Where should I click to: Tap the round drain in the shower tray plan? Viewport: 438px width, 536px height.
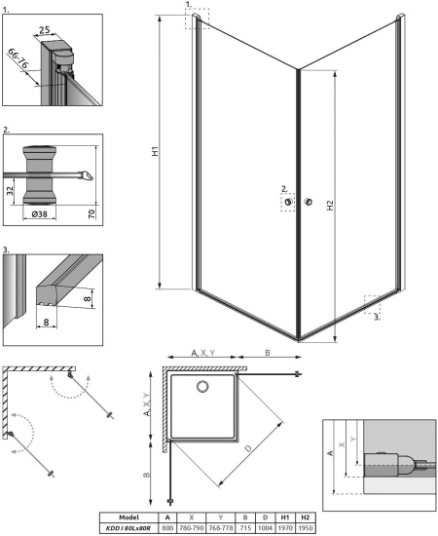203,388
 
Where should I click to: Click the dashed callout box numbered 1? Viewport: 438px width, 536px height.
197,19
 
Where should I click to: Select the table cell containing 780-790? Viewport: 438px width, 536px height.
195,527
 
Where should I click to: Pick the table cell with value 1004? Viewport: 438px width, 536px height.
264,527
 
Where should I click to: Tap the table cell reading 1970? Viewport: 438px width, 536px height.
285,527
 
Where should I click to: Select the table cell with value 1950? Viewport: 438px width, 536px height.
306,527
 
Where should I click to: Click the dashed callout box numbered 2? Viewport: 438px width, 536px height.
288,202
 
